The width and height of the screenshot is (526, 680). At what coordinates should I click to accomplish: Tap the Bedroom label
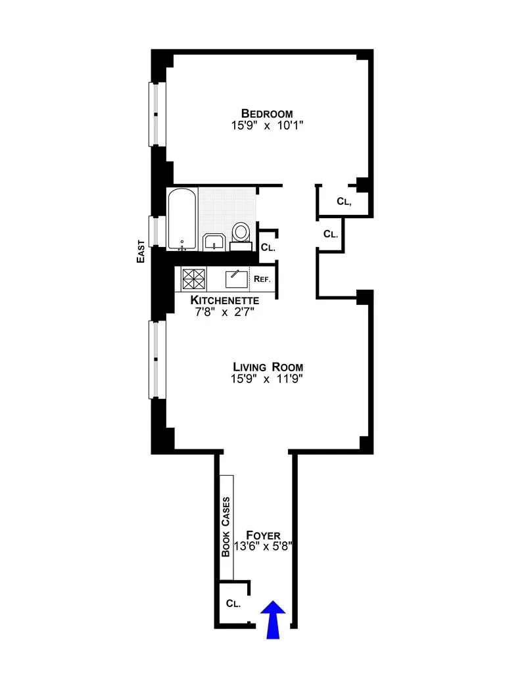266,113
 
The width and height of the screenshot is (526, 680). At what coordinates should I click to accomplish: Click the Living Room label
266,367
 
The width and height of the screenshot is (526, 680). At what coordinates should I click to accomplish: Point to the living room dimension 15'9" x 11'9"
266,379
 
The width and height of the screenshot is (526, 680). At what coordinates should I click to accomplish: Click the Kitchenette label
224,300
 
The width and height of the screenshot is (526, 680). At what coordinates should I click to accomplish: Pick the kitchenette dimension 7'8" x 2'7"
224,312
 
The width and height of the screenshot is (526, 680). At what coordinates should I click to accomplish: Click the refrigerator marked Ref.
262,279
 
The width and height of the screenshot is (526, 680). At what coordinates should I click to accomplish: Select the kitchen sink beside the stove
235,279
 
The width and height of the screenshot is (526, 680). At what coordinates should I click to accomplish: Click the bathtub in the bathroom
181,219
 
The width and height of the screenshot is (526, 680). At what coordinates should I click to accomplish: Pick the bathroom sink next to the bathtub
214,242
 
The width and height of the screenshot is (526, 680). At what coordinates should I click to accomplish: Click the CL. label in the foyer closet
233,603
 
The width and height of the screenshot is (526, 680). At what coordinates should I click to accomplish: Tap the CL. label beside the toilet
268,248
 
